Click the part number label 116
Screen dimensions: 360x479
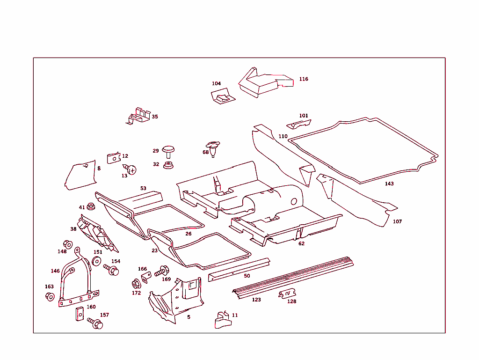pos(304,79)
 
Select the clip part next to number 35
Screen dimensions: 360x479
pos(139,116)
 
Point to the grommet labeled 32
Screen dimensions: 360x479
pos(168,165)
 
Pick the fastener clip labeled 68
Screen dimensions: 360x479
pos(213,149)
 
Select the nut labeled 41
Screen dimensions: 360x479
pos(91,206)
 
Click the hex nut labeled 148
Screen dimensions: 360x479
pos(67,244)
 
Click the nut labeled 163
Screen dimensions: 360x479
pos(50,296)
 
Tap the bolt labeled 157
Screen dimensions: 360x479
pos(95,323)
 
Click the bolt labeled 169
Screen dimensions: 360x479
pos(161,271)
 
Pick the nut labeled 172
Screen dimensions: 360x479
pos(136,284)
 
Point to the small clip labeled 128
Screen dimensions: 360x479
pos(287,294)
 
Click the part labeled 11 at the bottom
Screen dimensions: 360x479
pos(223,320)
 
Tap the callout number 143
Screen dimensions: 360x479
pos(389,184)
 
